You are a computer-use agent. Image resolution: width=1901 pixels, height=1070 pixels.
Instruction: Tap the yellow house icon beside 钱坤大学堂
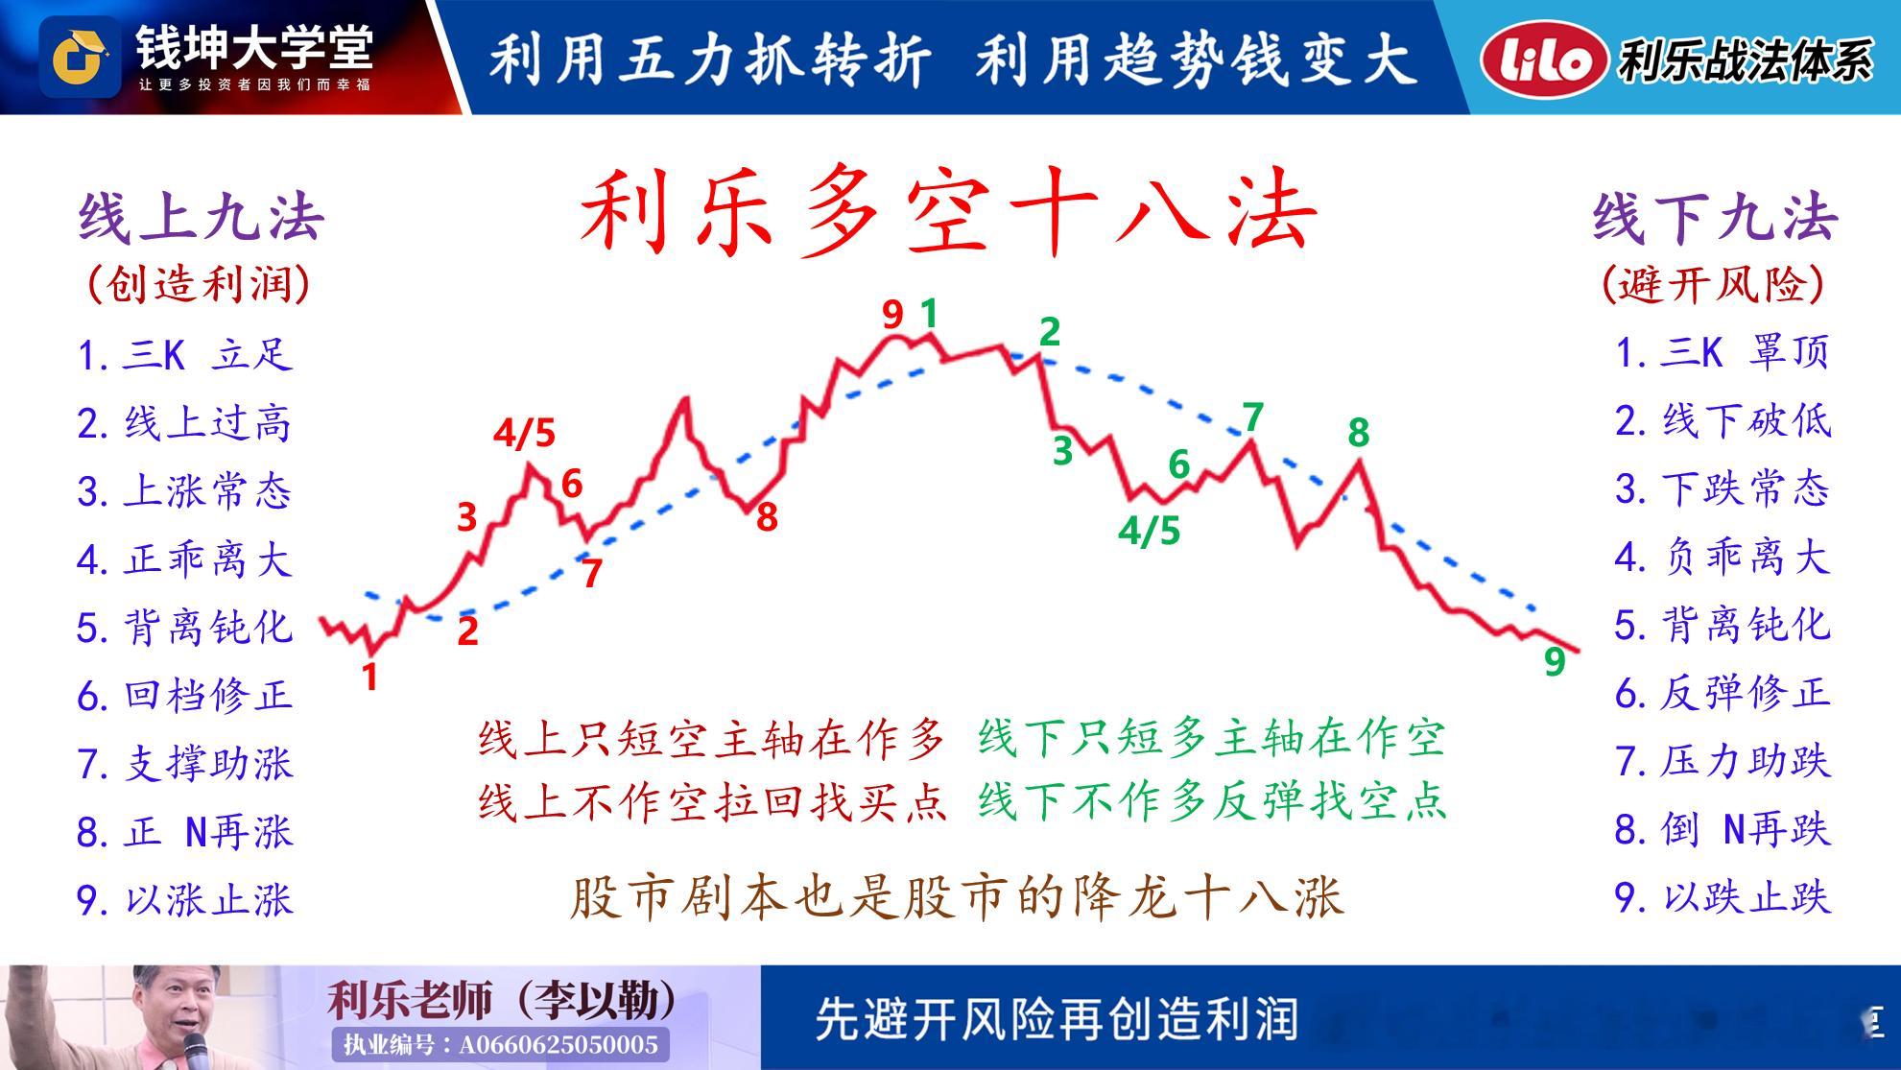point(80,57)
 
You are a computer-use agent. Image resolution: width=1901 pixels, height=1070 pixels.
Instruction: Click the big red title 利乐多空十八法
point(948,215)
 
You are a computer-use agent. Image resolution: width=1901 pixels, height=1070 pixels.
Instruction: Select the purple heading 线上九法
point(202,218)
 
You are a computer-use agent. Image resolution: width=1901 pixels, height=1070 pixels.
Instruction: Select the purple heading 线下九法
point(1715,217)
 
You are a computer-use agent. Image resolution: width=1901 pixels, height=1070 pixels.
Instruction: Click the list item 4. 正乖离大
point(184,559)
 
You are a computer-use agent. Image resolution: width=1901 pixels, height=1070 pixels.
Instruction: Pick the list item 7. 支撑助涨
point(184,764)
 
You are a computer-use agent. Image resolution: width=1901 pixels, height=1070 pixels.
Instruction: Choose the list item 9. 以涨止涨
point(184,900)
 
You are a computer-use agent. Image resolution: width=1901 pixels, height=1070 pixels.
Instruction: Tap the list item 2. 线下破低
point(1723,420)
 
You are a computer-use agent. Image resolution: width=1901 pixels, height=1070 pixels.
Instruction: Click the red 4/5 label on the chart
point(525,434)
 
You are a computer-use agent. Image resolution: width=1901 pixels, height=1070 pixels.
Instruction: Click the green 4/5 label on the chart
point(1150,531)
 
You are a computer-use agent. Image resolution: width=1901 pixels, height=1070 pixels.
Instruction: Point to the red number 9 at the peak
point(892,315)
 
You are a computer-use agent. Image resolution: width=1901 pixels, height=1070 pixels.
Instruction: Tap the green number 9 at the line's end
point(1555,660)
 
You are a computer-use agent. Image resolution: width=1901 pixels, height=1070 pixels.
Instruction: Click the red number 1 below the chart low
point(370,678)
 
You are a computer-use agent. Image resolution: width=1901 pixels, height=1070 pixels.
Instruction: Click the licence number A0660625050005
point(559,1044)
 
